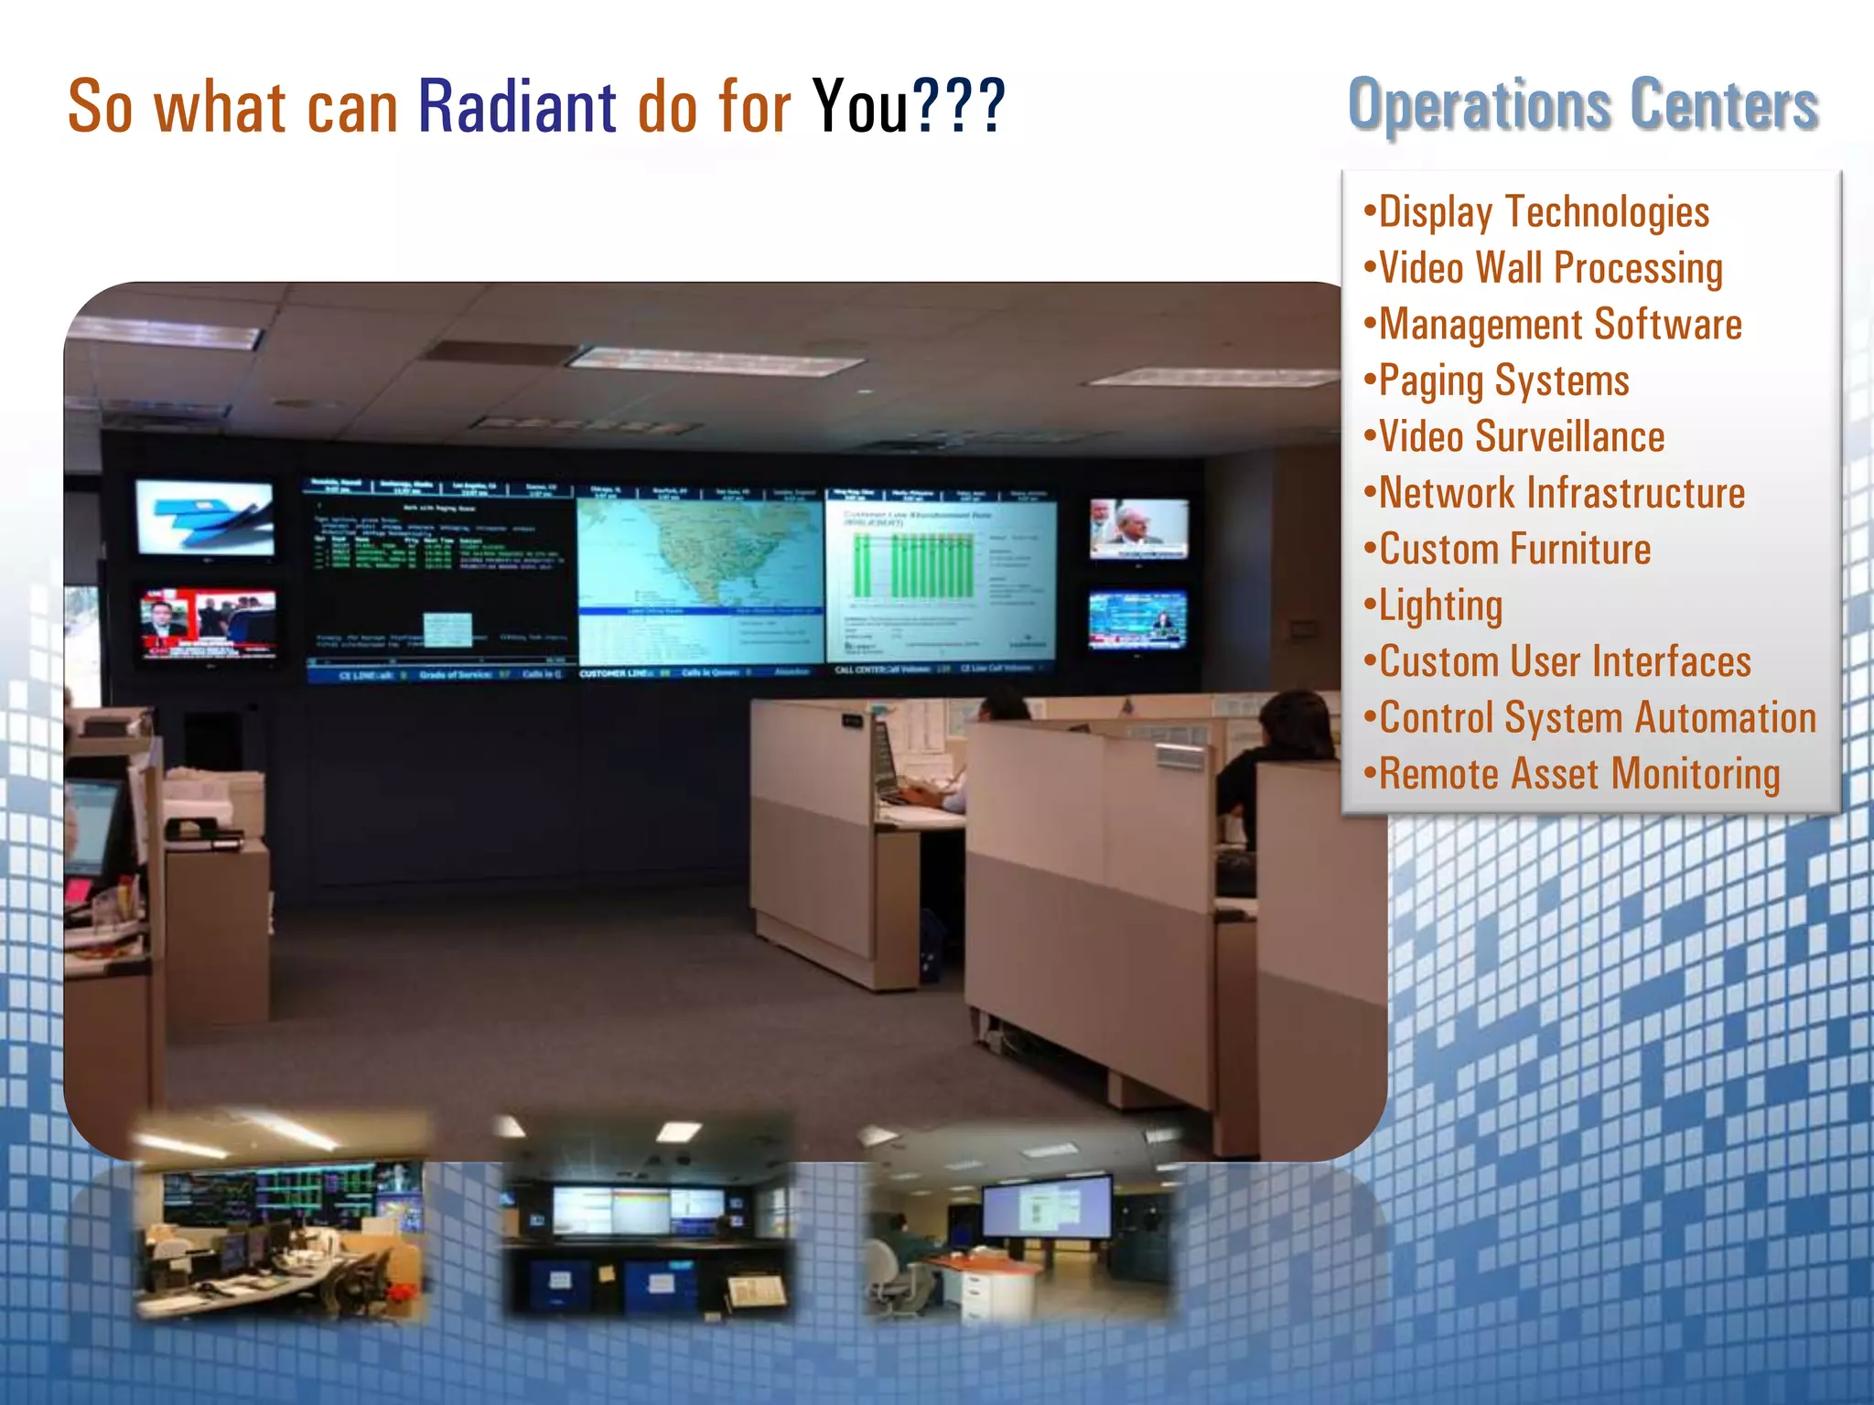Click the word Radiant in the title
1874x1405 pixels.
517,107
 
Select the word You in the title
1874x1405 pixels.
860,107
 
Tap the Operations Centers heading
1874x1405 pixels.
1582,105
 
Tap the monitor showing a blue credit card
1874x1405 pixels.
205,518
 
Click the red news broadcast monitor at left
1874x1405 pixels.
208,624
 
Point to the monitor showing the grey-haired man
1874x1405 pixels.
1138,528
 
